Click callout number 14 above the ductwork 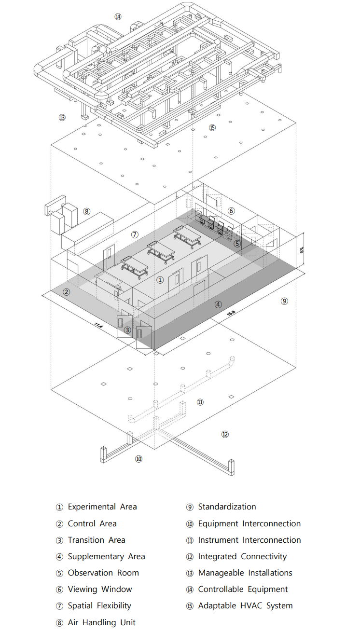(x=118, y=17)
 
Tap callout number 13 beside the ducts (x=62, y=117)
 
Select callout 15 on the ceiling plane (x=212, y=127)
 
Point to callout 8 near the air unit (x=86, y=211)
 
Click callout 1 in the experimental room (x=160, y=280)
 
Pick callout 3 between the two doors (x=127, y=330)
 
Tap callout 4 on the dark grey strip (x=218, y=304)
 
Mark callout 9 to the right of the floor (x=284, y=301)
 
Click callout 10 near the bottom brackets (x=138, y=459)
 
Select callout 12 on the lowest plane (x=225, y=434)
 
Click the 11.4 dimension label (x=99, y=325)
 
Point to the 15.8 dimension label (x=231, y=313)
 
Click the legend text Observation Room (x=103, y=573)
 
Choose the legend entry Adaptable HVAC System (x=245, y=605)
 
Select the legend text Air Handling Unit (x=101, y=622)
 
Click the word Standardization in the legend (x=227, y=507)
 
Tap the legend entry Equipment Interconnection (x=249, y=523)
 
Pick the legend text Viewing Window (x=100, y=589)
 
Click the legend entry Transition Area (x=97, y=540)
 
